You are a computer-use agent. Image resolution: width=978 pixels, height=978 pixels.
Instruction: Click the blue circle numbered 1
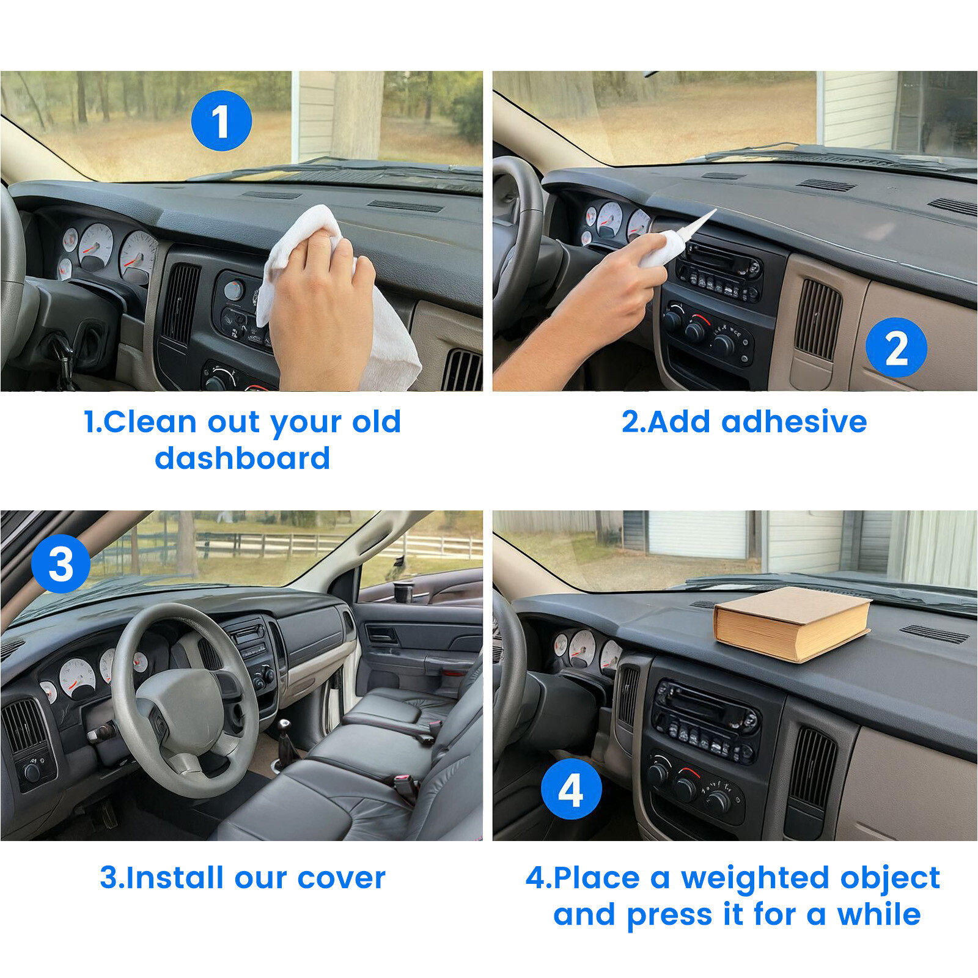click(x=221, y=121)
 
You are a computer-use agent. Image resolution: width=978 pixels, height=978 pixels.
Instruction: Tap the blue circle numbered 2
click(x=896, y=347)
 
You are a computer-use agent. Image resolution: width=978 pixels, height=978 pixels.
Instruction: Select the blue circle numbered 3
click(x=61, y=564)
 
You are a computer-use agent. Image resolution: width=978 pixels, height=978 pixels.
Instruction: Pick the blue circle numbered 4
click(x=571, y=789)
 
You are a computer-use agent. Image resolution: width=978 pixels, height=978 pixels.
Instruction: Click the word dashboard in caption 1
click(x=242, y=458)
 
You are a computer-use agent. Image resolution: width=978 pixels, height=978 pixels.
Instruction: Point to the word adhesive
click(x=794, y=422)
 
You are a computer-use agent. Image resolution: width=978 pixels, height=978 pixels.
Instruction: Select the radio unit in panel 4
click(x=707, y=721)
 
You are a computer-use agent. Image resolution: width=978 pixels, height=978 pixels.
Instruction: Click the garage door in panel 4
click(x=697, y=534)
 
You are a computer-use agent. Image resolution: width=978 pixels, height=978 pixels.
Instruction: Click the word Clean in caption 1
click(x=150, y=422)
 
